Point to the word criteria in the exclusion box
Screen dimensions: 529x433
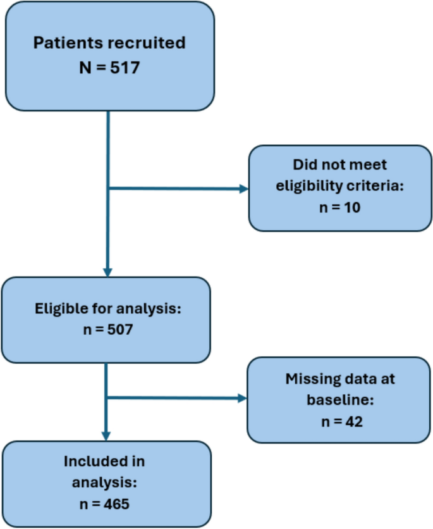coord(384,185)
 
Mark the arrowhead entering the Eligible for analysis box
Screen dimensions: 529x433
coord(108,271)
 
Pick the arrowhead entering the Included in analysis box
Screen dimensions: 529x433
coord(106,436)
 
